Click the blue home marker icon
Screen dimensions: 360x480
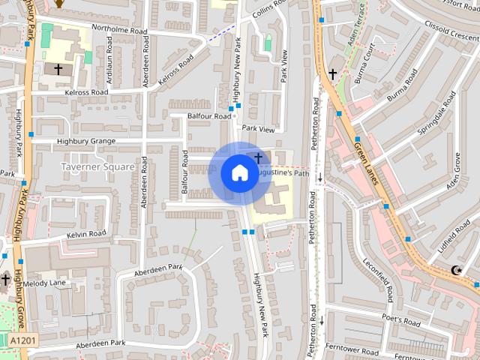click(x=239, y=172)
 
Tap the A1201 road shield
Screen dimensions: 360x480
click(x=23, y=340)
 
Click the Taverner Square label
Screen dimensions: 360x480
click(x=98, y=166)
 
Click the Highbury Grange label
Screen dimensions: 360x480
click(x=85, y=141)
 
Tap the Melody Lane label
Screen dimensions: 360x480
click(x=46, y=283)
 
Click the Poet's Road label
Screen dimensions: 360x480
click(x=400, y=320)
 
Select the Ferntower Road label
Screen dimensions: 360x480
click(x=352, y=349)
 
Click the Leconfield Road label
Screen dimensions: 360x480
click(x=376, y=279)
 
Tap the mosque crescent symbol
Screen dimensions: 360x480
click(x=455, y=271)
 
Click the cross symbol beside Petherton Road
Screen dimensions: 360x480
click(x=333, y=73)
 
